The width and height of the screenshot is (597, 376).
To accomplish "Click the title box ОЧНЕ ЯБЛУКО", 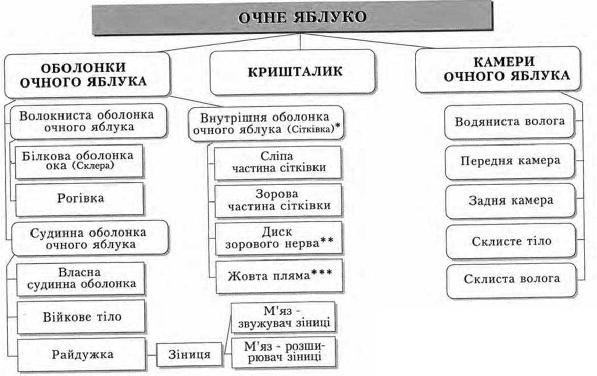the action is coord(293,17).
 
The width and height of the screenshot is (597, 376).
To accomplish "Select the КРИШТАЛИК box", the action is coord(293,72).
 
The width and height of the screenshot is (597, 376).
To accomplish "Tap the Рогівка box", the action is coord(80,198).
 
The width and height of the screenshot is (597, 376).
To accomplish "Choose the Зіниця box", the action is coord(189,354).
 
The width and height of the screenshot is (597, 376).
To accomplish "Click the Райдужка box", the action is coord(82,354).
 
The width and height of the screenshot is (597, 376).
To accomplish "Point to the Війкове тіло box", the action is coord(81,317).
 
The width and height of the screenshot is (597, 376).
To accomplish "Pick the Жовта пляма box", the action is coord(279,276).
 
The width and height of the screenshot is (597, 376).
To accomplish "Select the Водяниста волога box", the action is coord(510,122).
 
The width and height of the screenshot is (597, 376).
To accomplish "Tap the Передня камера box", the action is coord(510,161).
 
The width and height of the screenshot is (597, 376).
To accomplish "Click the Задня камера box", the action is coord(510,201).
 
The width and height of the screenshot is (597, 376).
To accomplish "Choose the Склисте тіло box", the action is coord(511,241).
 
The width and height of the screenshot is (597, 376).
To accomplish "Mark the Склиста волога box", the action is coord(511,279).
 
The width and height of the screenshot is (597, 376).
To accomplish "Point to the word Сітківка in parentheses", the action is coord(313,130).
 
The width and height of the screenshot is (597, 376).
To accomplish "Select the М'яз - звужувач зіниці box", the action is coord(284,317).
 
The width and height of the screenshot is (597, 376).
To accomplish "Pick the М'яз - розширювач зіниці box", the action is coord(284,352).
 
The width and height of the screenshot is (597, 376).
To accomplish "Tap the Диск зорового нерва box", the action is coord(279,238).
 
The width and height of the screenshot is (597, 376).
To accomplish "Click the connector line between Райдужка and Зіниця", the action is coord(151,354).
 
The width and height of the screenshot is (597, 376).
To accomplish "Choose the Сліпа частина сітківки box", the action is coord(278,162).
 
